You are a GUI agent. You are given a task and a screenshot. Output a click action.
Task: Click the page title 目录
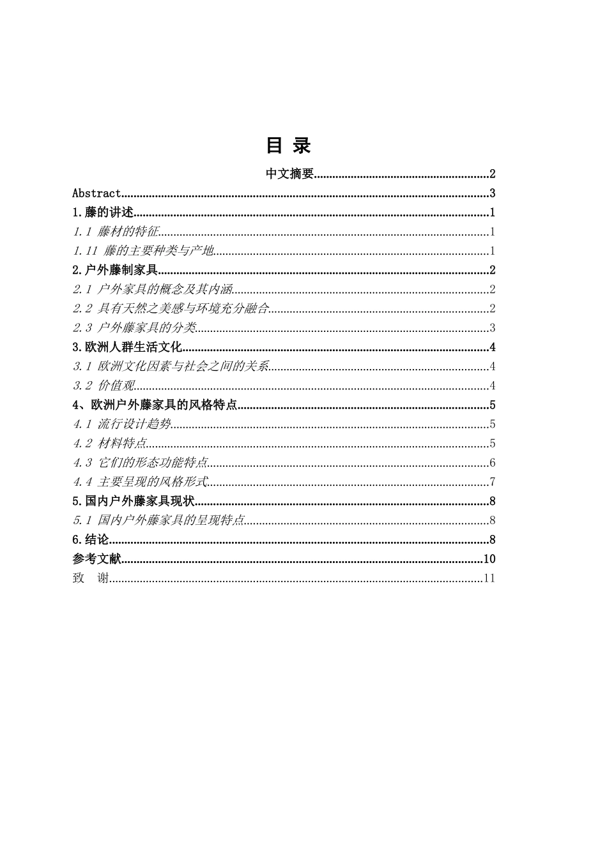click(x=288, y=146)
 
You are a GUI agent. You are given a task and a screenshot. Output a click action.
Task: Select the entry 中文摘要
click(x=289, y=174)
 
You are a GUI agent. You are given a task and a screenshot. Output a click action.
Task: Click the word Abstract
click(x=96, y=193)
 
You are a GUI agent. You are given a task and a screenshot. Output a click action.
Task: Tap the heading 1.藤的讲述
click(x=103, y=213)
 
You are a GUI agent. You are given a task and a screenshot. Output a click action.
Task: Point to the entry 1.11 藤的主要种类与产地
click(x=143, y=251)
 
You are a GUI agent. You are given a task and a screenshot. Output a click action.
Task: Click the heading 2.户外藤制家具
click(x=115, y=270)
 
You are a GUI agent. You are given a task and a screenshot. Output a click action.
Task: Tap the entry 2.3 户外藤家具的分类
click(x=134, y=328)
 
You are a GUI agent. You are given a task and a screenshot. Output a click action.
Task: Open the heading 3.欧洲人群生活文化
click(x=127, y=347)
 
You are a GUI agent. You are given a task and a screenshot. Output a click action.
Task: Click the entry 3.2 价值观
click(x=104, y=386)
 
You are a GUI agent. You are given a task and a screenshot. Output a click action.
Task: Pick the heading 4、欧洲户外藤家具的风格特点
click(x=155, y=405)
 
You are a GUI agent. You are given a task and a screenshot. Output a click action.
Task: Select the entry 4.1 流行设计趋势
click(x=122, y=424)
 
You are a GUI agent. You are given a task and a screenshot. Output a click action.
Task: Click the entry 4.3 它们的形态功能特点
click(x=140, y=463)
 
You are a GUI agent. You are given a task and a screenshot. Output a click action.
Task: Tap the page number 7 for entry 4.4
click(x=492, y=482)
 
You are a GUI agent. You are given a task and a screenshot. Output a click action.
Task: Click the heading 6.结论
click(x=91, y=540)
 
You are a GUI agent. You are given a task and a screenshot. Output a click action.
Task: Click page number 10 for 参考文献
click(x=489, y=559)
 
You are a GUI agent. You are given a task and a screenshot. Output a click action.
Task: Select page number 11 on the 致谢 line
click(x=490, y=578)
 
